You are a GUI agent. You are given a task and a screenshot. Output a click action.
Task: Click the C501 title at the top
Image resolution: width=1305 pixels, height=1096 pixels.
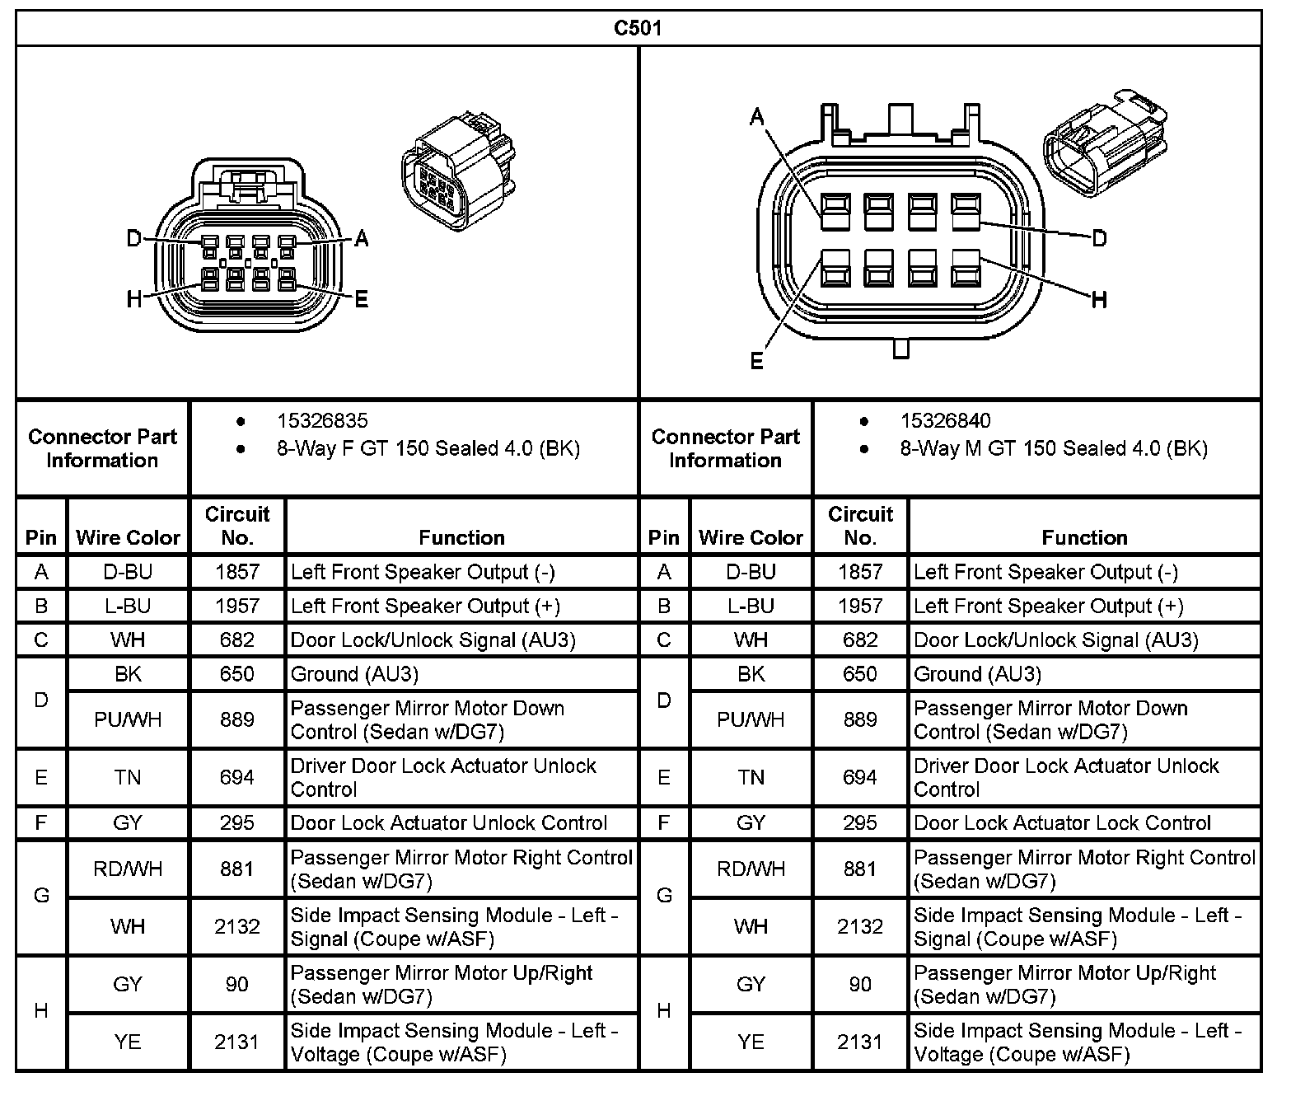[638, 28]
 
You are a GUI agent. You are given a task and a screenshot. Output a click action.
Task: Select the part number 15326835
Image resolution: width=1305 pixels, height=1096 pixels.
[322, 421]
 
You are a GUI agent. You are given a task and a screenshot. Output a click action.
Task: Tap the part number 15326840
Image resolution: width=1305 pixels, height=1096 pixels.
[945, 421]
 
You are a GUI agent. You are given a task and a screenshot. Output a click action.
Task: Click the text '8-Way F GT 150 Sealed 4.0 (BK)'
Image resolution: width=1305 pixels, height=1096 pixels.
[428, 449]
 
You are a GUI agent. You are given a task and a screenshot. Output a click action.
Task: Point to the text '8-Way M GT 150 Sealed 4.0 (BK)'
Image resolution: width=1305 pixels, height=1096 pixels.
[1054, 449]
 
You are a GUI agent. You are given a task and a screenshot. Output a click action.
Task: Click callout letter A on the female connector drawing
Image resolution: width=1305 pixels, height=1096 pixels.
[361, 239]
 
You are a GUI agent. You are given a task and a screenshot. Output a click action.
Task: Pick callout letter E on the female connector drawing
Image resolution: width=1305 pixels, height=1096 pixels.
[361, 299]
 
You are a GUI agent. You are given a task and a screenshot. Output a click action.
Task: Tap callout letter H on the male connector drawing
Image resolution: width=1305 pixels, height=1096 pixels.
[1099, 300]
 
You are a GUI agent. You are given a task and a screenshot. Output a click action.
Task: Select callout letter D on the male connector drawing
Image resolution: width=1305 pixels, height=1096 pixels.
[1099, 239]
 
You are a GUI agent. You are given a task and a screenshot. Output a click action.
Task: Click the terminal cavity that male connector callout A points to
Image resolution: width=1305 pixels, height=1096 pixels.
[835, 212]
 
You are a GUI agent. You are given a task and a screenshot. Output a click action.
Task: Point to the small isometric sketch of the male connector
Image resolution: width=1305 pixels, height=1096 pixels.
[1105, 144]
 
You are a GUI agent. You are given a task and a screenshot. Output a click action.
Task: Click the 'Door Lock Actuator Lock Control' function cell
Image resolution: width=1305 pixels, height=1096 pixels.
[1062, 822]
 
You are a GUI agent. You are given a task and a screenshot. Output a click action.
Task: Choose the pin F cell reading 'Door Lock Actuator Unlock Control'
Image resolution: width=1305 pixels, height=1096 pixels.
[449, 822]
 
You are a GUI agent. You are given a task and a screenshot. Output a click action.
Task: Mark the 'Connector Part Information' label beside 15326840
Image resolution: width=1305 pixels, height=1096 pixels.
[725, 448]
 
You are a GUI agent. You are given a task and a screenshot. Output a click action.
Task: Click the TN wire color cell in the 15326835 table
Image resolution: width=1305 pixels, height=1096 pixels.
[128, 777]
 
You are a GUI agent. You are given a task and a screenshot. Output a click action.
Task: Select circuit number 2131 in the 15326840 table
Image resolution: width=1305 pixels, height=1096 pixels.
[859, 1042]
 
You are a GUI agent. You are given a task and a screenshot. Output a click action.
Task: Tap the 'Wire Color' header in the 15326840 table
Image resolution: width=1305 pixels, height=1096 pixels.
[751, 537]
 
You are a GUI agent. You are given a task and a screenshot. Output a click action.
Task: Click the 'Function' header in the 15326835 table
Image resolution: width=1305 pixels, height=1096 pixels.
[461, 537]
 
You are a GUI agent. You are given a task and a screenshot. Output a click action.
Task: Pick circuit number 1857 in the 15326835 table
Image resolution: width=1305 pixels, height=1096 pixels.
[237, 572]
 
